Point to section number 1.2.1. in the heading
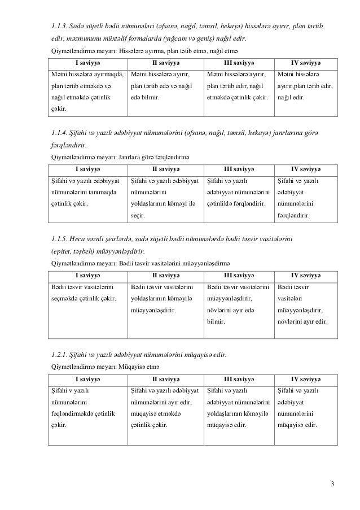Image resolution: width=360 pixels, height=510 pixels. (x=60, y=355)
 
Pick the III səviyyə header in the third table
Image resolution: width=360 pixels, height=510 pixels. (x=239, y=275)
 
